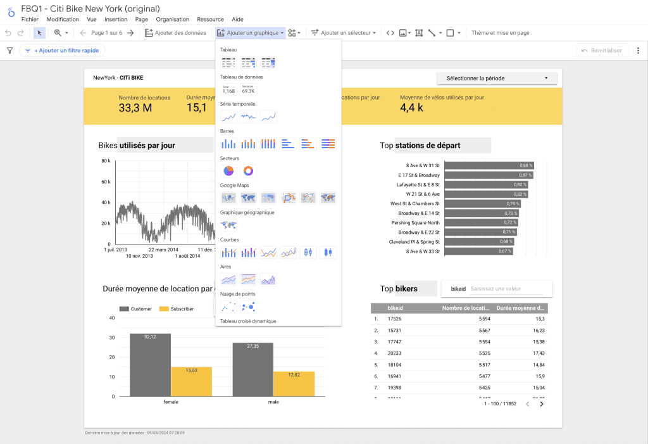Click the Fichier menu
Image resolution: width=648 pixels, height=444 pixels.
(x=30, y=20)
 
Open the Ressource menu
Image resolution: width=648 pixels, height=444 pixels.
(x=210, y=20)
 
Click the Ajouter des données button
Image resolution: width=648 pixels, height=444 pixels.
(x=175, y=33)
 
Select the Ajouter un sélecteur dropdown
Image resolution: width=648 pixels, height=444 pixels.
(x=343, y=33)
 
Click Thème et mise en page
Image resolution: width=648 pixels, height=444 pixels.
(x=500, y=33)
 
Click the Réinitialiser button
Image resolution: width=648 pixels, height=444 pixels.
(x=602, y=51)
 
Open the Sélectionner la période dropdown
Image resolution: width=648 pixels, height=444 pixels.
(x=497, y=79)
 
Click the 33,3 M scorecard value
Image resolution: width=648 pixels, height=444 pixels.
(x=135, y=108)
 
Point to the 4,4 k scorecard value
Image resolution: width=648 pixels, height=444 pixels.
(x=411, y=108)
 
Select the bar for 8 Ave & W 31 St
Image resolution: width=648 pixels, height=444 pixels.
(x=489, y=165)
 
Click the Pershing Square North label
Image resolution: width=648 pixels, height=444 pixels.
(x=415, y=223)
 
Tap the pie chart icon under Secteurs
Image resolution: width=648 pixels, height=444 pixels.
(x=228, y=171)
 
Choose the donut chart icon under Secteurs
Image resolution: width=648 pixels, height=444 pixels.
(x=249, y=171)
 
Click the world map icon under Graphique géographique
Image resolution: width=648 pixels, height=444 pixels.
(x=228, y=225)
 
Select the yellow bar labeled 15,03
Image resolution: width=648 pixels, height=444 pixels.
(x=192, y=381)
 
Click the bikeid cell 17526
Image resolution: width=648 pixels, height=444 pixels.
(x=394, y=319)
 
